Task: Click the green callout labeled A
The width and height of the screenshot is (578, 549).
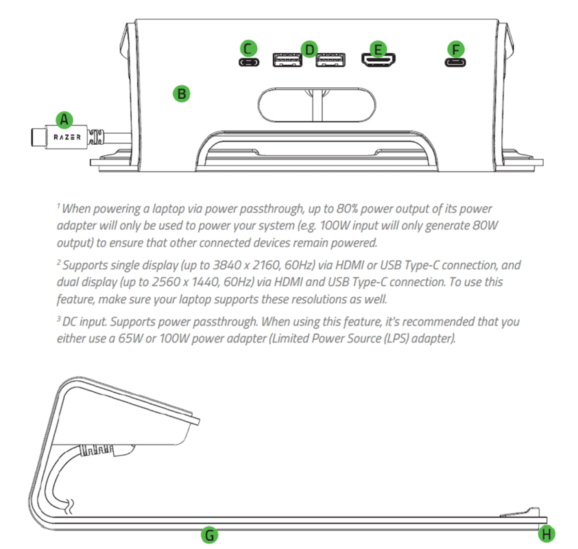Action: [x=64, y=120]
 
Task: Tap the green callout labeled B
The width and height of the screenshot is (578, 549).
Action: [x=180, y=93]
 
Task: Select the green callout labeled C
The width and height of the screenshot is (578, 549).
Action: [x=249, y=48]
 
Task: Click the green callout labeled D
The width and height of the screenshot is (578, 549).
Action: [x=309, y=49]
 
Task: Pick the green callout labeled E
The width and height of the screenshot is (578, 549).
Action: [x=376, y=49]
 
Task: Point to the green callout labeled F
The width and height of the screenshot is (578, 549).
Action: [x=455, y=49]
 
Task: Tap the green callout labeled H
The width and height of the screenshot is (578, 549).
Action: [x=546, y=534]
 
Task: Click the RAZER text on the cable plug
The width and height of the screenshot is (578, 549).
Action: [x=67, y=137]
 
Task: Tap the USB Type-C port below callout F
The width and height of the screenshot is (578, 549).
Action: [x=455, y=62]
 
